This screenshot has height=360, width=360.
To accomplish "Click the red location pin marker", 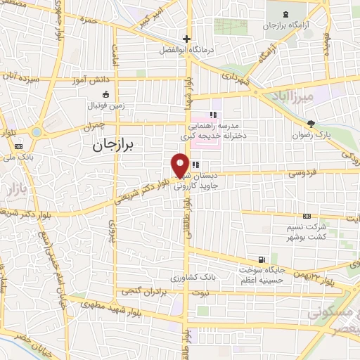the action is click(181, 165).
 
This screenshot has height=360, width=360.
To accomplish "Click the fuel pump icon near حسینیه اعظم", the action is click(262, 259).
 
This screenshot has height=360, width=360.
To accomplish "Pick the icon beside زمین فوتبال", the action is click(105, 95).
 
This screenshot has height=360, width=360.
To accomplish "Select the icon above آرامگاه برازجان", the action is click(286, 14).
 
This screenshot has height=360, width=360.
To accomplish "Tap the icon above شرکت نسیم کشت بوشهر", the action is click(307, 215).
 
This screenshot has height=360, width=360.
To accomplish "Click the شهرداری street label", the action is click(235, 82).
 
